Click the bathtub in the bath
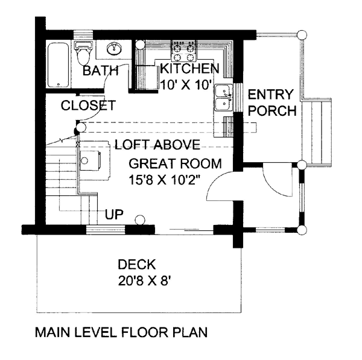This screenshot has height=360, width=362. click(58, 65)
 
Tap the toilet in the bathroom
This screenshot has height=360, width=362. click(83, 53)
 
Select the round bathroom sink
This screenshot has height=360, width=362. click(114, 48)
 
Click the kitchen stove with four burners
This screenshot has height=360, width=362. click(184, 50)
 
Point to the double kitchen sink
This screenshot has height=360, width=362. click(224, 98)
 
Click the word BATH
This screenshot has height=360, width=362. click(100, 71)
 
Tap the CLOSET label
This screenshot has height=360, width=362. click(88, 106)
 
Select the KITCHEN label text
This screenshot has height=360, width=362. click(189, 68)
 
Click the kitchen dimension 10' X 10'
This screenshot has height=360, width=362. click(186, 84)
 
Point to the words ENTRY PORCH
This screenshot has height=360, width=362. click(272, 103)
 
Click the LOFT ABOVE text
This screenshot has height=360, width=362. click(157, 145)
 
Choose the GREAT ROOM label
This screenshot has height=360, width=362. click(175, 163)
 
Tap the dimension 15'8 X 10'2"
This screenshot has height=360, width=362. click(164, 180)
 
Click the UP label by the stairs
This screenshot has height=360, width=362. click(114, 215)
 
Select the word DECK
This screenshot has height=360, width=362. click(137, 265)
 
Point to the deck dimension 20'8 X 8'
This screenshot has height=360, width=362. click(145, 281)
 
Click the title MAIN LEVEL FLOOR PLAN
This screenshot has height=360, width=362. click(121, 332)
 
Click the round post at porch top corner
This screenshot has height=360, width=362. click(302, 35)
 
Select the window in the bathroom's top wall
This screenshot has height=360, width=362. click(83, 34)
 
